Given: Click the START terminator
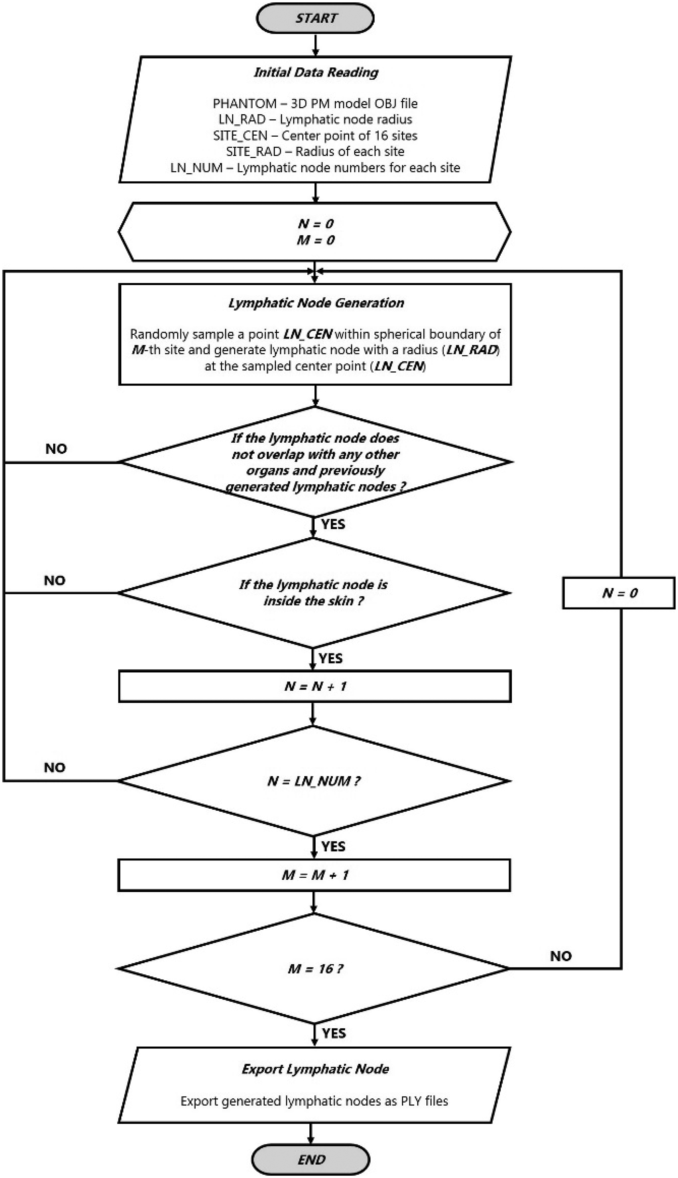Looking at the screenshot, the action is coord(315,19).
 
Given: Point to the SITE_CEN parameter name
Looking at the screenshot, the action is coord(240,135).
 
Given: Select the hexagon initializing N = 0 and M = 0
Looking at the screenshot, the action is coord(315,232).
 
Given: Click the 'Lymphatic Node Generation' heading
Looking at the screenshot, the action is coord(316,303).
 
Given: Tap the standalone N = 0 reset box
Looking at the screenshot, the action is coord(618,593).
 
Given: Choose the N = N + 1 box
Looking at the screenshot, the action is coord(315,686).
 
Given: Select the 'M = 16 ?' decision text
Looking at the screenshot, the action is coord(315,969).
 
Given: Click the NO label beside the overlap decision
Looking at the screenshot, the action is coord(56,449).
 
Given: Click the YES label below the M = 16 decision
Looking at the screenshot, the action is coord(334,1034).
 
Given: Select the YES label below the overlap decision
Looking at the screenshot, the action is coord(333,524).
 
